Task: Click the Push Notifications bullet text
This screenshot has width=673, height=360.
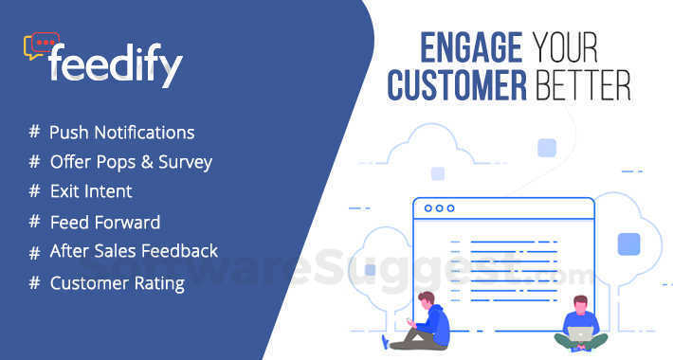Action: [121, 133]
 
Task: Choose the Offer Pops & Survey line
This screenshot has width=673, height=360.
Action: [131, 162]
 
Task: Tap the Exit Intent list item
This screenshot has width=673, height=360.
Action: [91, 191]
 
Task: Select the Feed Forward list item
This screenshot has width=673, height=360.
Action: [104, 223]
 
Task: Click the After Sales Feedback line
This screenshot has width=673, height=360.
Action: [134, 251]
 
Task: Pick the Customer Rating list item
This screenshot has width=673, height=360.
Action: [117, 282]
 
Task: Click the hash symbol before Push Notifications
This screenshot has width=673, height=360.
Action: [34, 133]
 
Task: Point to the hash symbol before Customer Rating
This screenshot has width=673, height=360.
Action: [34, 282]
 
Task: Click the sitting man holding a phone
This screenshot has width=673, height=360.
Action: [427, 320]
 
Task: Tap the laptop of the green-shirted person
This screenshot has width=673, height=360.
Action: [581, 333]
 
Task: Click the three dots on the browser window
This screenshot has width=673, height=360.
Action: [438, 208]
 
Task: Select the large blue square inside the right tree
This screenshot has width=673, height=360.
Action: [628, 244]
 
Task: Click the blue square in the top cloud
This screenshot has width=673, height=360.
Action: [546, 148]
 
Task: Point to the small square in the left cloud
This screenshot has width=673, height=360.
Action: [437, 173]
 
